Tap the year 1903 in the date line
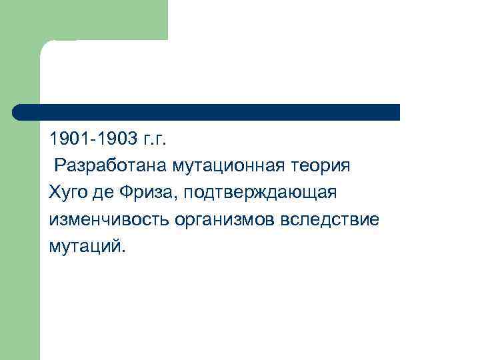[113, 140]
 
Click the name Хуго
[68, 193]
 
